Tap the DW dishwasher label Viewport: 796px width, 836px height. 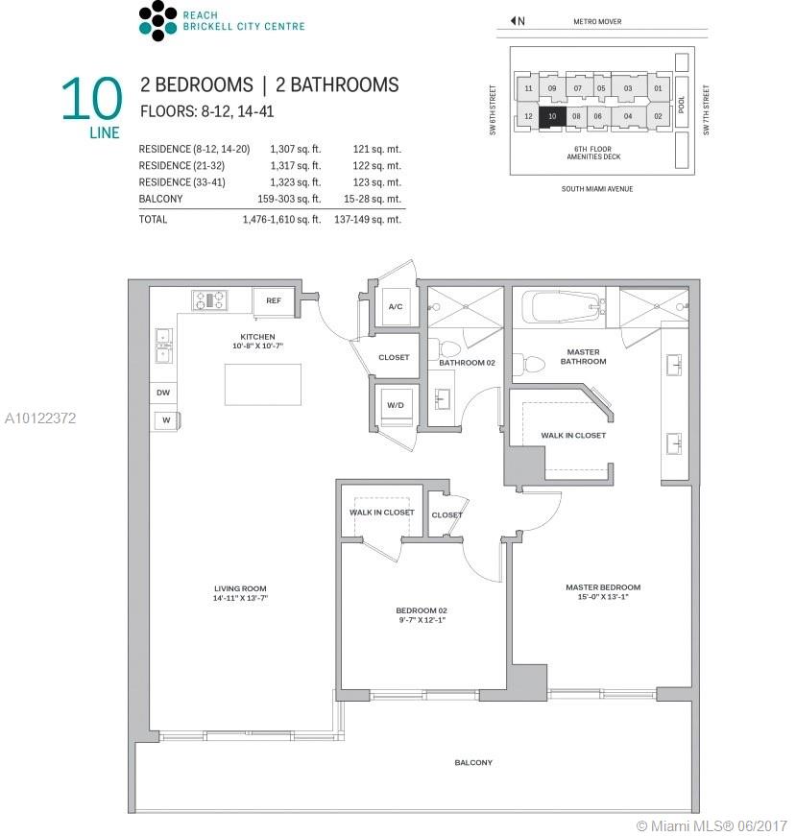[x=163, y=393]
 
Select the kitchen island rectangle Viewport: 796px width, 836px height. [x=263, y=385]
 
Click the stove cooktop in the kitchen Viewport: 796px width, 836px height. [x=209, y=300]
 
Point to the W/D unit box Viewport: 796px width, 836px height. [x=396, y=405]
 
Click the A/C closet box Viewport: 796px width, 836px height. [x=396, y=306]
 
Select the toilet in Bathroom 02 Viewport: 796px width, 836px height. [x=448, y=349]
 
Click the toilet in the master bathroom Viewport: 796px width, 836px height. [x=531, y=365]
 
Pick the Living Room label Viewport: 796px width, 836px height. [x=240, y=588]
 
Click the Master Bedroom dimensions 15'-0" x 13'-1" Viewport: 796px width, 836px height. [x=603, y=597]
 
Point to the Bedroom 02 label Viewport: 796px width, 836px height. [x=422, y=610]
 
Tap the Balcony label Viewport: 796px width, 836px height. [x=473, y=762]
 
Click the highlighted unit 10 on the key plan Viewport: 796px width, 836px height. [x=552, y=117]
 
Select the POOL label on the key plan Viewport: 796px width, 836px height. [x=682, y=105]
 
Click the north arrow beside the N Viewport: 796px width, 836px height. [x=513, y=21]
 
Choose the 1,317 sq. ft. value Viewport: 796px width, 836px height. [x=295, y=166]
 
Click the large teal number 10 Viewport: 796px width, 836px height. [x=92, y=99]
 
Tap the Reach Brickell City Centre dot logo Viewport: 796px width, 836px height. [x=157, y=21]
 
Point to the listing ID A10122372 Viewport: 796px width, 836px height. [x=40, y=418]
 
